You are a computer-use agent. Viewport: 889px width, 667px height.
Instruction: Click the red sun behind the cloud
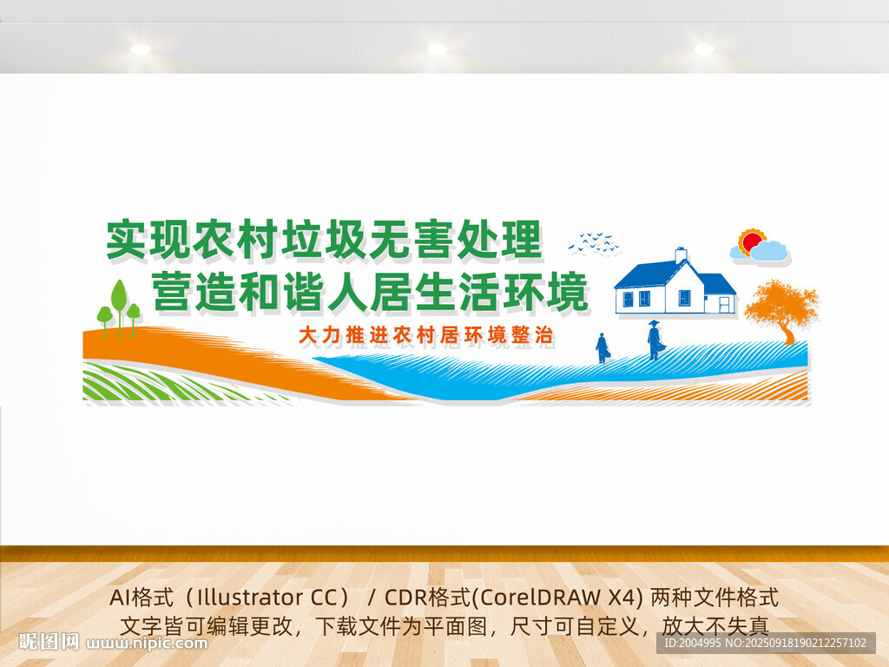tap(753, 241)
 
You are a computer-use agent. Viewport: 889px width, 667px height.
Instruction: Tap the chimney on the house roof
tap(681, 255)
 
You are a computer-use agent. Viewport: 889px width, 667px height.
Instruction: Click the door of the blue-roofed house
tap(726, 304)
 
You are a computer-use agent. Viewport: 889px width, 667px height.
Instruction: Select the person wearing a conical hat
tap(655, 340)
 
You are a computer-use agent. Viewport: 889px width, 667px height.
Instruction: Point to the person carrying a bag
tap(603, 347)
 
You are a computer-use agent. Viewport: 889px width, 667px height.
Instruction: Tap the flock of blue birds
tap(593, 242)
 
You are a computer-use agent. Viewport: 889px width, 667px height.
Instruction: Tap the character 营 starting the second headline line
tap(171, 291)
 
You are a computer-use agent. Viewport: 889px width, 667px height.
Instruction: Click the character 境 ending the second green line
tap(566, 291)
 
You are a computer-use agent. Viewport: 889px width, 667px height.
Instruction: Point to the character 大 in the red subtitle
tap(308, 335)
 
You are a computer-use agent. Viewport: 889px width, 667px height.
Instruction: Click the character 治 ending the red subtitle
tap(543, 335)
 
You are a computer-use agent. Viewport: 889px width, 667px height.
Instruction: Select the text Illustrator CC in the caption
tap(269, 598)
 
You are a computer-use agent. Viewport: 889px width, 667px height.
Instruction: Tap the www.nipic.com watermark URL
tap(147, 644)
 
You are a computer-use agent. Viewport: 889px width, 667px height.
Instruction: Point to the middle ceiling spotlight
tap(437, 50)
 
